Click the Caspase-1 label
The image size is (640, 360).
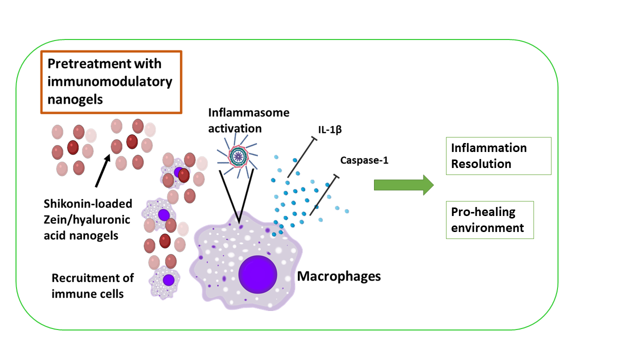[x=364, y=160]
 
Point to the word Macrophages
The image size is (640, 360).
[x=339, y=275]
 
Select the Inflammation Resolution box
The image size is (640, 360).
[x=498, y=156]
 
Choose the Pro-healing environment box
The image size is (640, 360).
[x=489, y=219]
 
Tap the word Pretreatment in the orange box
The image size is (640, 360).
[x=81, y=64]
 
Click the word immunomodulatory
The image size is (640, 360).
[x=109, y=81]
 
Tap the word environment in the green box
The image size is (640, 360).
[x=487, y=227]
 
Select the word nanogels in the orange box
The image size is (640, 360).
[x=75, y=99]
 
